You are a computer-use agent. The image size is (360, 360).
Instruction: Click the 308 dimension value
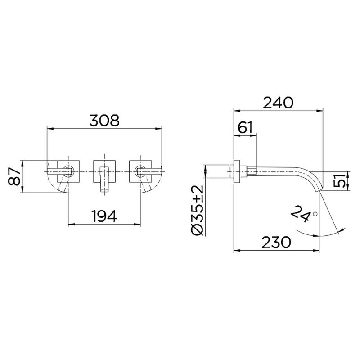tap(104, 121)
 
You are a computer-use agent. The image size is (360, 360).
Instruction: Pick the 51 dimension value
tap(341, 181)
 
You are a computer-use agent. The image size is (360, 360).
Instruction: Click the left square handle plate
tap(69, 171)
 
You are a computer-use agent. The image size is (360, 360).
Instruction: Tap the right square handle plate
tap(141, 171)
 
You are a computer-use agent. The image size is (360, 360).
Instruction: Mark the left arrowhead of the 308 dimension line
tap(50, 129)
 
